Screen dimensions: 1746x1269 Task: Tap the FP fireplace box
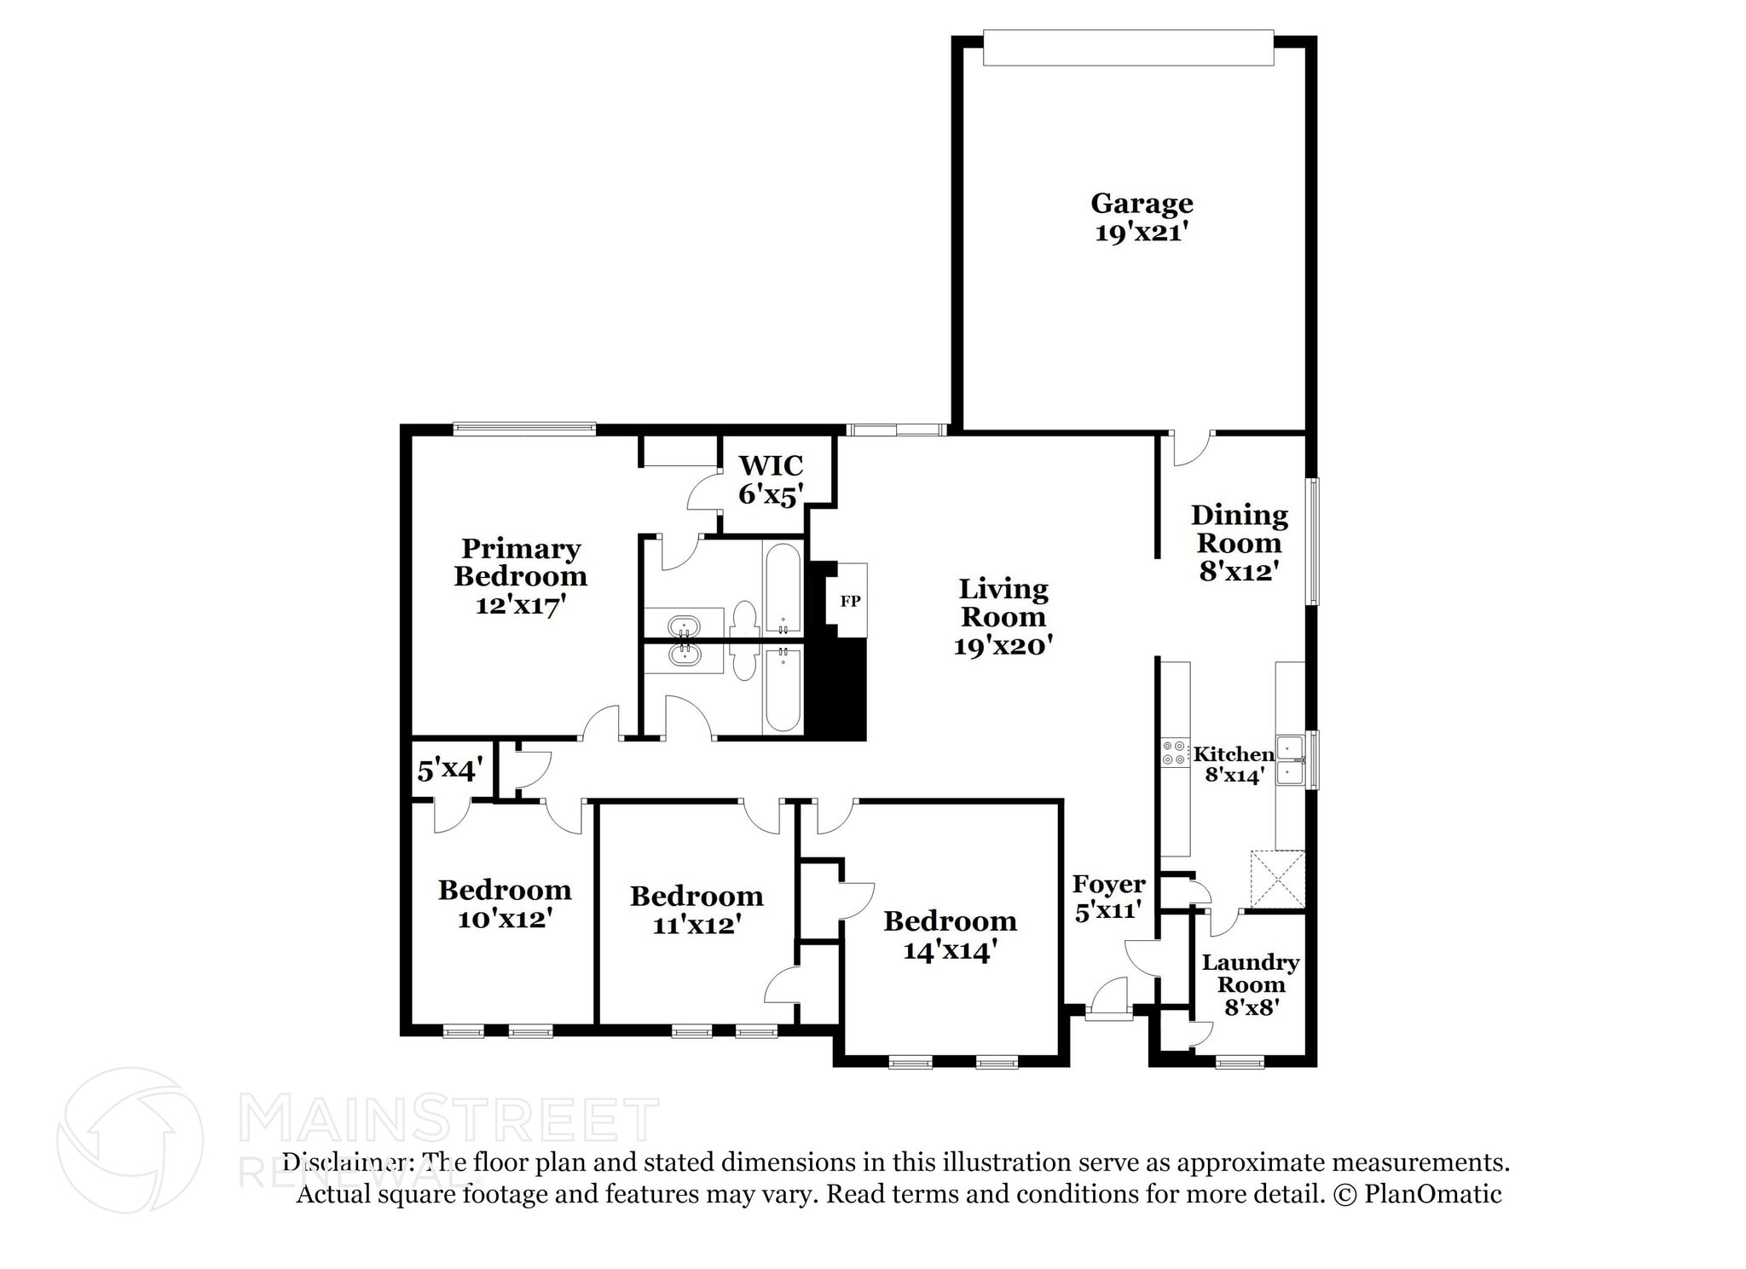(x=851, y=600)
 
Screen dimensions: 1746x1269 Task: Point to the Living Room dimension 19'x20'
(x=1003, y=646)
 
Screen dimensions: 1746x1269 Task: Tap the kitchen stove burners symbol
(x=1173, y=753)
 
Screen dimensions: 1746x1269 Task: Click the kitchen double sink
(x=1289, y=759)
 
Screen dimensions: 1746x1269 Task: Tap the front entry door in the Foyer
(x=1108, y=999)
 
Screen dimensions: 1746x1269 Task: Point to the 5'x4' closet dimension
(x=449, y=771)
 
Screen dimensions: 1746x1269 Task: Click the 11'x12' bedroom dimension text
(x=697, y=925)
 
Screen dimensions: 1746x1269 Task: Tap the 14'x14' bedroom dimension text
(x=950, y=950)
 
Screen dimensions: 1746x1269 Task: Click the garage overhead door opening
(x=1128, y=48)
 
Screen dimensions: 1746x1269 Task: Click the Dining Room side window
(x=1314, y=541)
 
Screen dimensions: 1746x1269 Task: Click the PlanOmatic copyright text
(x=1418, y=1194)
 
